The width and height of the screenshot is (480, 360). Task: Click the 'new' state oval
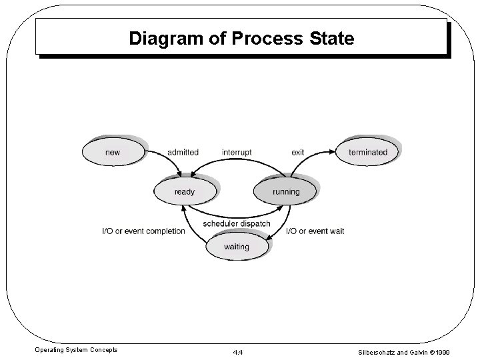click(113, 152)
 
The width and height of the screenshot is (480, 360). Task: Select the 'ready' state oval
click(185, 192)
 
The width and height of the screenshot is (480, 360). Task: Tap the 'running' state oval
click(286, 192)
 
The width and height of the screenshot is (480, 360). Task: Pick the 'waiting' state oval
click(236, 247)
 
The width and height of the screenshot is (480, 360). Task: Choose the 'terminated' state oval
click(367, 152)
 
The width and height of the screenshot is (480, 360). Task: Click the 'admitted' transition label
click(183, 152)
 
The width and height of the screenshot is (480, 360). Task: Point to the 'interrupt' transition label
click(237, 152)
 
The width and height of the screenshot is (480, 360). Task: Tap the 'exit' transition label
click(297, 152)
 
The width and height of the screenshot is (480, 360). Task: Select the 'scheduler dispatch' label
click(237, 223)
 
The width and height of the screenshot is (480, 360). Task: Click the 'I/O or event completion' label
click(143, 231)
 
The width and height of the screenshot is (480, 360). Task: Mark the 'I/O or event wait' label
click(315, 231)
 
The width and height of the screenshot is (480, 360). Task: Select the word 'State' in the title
click(332, 39)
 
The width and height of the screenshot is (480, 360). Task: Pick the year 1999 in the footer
click(460, 349)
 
